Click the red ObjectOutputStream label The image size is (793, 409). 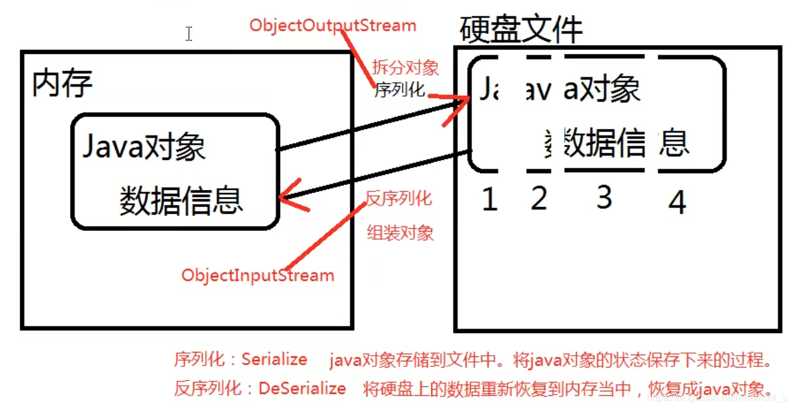332,26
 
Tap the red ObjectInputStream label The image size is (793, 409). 258,275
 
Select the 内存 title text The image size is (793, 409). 61,83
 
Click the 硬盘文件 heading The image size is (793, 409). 520,29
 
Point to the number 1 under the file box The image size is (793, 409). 490,200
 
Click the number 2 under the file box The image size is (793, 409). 538,199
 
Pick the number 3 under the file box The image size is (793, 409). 604,197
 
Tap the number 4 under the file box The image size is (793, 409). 677,203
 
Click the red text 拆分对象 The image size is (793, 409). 405,68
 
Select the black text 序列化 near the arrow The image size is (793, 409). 400,90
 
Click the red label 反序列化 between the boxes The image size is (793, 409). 399,199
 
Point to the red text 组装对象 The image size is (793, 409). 400,233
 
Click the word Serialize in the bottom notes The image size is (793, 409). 274,359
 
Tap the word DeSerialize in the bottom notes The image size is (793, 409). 302,388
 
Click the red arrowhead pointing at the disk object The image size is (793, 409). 458,107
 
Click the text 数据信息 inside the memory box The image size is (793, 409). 181,200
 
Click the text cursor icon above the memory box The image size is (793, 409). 189,34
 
